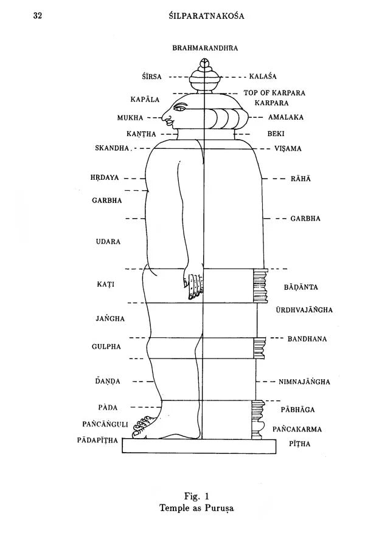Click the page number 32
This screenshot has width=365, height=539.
tap(38, 16)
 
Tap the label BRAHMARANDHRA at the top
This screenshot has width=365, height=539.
tap(205, 48)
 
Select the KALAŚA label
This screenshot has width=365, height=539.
tap(263, 77)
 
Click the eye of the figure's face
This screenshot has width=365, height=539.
tap(179, 109)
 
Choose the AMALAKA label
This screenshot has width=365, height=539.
tap(286, 117)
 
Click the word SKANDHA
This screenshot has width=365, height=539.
tap(112, 148)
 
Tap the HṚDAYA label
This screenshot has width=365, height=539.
tap(105, 177)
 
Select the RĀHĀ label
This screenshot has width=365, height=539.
tap(301, 179)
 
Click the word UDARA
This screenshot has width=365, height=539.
tap(108, 242)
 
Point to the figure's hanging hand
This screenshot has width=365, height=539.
tap(194, 284)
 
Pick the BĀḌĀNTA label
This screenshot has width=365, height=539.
tap(301, 287)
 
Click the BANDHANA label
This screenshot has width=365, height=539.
tap(307, 339)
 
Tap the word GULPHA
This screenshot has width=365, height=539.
tap(106, 346)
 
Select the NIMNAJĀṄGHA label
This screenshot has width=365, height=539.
tap(304, 382)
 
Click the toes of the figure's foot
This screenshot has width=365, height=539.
tap(143, 426)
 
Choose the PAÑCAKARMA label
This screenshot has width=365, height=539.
tap(297, 430)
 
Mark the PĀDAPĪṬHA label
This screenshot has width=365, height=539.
tap(97, 441)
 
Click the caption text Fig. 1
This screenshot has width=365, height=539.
tap(196, 496)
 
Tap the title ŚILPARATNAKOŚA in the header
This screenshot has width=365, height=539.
tap(207, 16)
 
